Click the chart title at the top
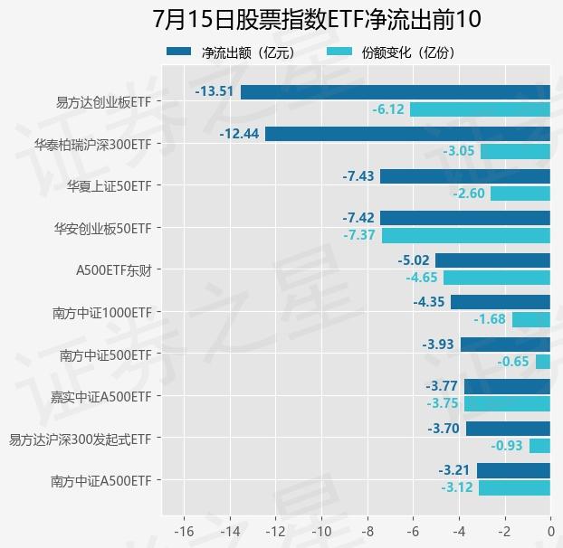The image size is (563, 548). point(317,19)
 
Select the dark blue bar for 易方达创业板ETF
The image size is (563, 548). point(396,92)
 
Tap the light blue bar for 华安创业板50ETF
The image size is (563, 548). point(466,236)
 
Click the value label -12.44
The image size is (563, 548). point(239,134)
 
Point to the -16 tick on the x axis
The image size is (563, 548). point(184,531)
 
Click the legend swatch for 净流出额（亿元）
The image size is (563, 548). point(179,52)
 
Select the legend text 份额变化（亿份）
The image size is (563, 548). point(408,52)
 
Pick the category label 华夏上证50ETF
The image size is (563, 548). point(110,186)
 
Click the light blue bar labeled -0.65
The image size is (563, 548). point(543,362)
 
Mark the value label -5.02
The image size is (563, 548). point(414,260)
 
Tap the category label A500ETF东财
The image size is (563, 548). point(114,270)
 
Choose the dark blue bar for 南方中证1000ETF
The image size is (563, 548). point(501,302)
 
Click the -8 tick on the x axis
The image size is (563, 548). point(367,531)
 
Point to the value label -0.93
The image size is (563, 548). point(507,446)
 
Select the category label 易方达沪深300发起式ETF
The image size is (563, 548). point(80,439)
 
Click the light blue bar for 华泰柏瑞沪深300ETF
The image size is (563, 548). point(515,151)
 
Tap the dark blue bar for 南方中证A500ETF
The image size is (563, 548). point(513,470)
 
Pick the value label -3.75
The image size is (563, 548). point(443,403)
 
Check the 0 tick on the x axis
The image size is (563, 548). point(551,531)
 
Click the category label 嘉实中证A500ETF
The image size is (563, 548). point(101,397)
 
